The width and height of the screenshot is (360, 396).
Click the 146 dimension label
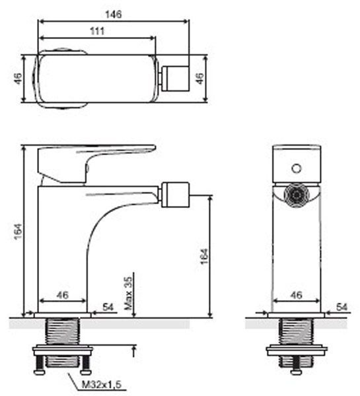pyautogui.click(x=113, y=15)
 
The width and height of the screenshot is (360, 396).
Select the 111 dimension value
pyautogui.click(x=97, y=31)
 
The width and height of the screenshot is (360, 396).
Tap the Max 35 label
pyautogui.click(x=128, y=294)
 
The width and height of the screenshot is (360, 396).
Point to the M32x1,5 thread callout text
pyautogui.click(x=102, y=385)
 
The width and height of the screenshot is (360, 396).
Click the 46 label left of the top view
pyautogui.click(x=18, y=79)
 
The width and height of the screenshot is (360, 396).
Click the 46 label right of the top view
pyautogui.click(x=199, y=79)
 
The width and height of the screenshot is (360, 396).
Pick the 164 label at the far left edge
pyautogui.click(x=18, y=232)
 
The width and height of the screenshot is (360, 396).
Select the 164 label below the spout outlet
pyautogui.click(x=204, y=256)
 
